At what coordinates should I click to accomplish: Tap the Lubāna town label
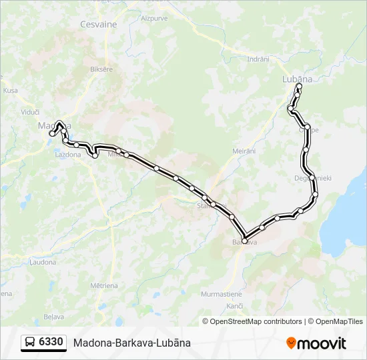tap(298, 79)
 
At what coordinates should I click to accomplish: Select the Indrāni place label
tap(258, 59)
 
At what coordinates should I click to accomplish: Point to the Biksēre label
tap(101, 69)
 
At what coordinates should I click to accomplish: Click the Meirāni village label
tap(244, 151)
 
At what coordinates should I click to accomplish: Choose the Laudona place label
tap(43, 262)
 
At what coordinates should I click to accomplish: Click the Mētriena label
tap(103, 285)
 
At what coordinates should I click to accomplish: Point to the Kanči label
tap(235, 305)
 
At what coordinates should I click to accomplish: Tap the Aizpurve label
tap(155, 19)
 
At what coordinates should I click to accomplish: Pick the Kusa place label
tap(10, 90)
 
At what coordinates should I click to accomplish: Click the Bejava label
tap(53, 316)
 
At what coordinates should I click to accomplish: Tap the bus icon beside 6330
tap(30, 343)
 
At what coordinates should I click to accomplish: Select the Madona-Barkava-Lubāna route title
tap(132, 343)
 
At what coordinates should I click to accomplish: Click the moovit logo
tap(316, 343)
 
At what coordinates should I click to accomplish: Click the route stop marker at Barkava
tap(245, 240)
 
